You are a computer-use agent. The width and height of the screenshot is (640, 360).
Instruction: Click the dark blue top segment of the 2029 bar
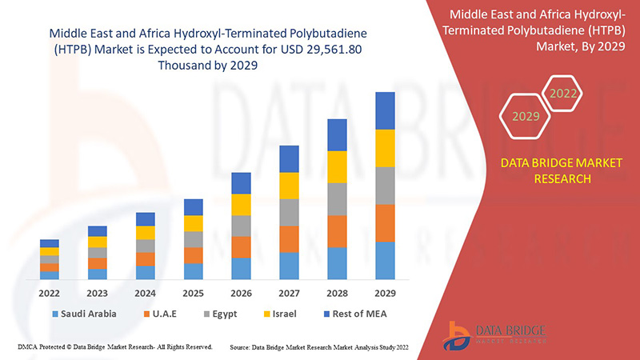coord(386,110)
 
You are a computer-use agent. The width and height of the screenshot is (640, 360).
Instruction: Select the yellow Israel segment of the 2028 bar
coord(338,166)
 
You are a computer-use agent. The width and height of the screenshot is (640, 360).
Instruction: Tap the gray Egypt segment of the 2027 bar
coord(290,212)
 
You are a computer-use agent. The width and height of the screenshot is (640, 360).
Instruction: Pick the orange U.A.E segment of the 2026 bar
coord(242,246)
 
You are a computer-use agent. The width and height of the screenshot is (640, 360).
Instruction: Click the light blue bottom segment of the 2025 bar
coord(194,271)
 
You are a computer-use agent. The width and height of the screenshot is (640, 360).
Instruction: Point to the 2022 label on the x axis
coord(50,292)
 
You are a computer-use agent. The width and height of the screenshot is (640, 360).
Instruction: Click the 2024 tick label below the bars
coord(146,292)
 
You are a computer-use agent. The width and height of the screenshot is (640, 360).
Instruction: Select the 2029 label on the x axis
coord(386,292)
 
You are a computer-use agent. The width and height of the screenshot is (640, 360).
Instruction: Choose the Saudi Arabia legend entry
coord(83,314)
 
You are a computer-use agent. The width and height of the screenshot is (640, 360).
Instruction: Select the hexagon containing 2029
coord(526,117)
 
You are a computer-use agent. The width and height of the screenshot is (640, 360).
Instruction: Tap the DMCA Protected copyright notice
coord(114,347)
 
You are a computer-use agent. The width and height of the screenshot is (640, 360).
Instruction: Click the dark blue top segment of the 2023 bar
coord(98,231)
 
